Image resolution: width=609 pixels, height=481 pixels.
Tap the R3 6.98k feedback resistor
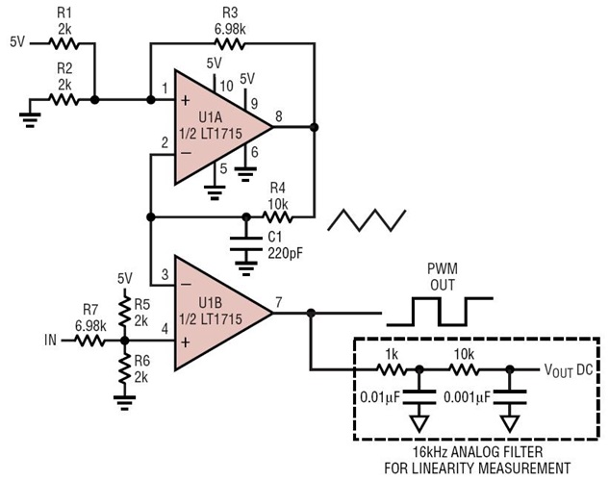(x=229, y=42)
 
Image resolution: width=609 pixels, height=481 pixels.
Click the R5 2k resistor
(x=124, y=309)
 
